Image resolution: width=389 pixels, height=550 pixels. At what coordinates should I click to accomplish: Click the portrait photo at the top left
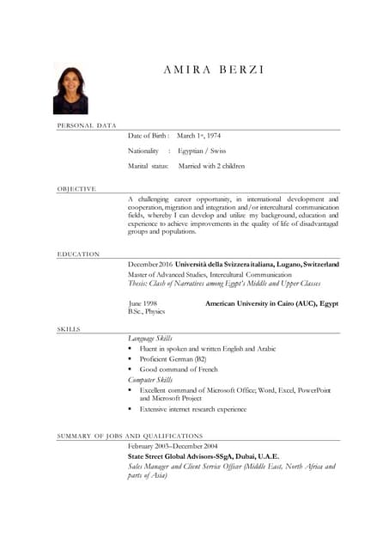(70, 89)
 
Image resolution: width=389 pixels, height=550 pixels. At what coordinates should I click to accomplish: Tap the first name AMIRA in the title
(187, 70)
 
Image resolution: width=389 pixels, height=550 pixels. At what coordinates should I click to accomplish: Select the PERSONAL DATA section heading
(87, 126)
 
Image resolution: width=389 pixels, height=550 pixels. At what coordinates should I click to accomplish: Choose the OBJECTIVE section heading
(76, 188)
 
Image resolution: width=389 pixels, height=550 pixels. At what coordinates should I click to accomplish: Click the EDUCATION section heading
(78, 254)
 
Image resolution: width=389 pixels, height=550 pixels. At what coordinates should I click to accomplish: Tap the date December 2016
(150, 264)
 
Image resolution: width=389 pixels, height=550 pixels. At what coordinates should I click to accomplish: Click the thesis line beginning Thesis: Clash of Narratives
(224, 284)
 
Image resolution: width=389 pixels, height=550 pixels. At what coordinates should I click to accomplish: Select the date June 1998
(143, 303)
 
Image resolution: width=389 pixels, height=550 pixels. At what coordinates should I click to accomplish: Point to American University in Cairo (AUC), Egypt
(271, 303)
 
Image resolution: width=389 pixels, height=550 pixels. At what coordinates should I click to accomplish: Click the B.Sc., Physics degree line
(146, 312)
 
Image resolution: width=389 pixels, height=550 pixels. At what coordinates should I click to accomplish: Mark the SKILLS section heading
(70, 329)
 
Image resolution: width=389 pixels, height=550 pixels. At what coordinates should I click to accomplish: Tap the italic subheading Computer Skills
(150, 379)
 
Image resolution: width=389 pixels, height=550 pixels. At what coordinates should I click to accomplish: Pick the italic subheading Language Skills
(150, 339)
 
